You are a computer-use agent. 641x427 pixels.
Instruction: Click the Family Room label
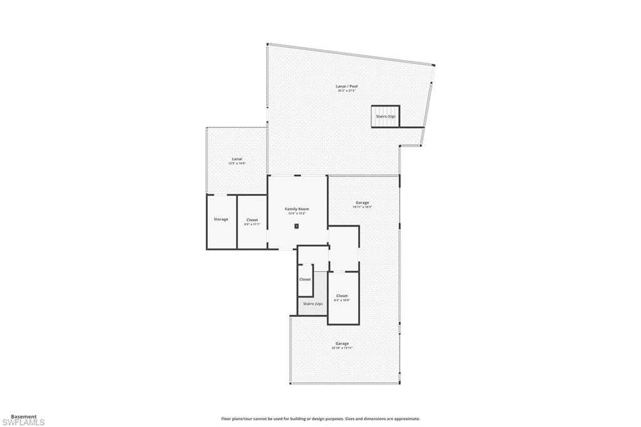(x=297, y=209)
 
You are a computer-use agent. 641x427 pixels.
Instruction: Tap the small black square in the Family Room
(x=297, y=225)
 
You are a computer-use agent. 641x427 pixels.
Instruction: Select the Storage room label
(x=221, y=219)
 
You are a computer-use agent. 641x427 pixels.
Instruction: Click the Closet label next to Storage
(x=252, y=220)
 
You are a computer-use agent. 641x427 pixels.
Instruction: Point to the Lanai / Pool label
(x=347, y=86)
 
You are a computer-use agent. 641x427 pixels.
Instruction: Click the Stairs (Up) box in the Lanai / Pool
(x=386, y=116)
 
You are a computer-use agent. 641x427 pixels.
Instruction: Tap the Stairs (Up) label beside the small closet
(x=312, y=304)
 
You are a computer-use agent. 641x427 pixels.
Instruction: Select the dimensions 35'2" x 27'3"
(x=347, y=91)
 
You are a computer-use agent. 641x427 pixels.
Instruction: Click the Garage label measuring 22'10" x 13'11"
(x=342, y=343)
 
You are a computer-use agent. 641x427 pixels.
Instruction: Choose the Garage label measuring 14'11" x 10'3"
(x=362, y=202)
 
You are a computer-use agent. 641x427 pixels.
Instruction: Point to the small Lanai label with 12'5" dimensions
(x=237, y=159)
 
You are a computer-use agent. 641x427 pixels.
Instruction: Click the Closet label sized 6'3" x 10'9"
(x=342, y=296)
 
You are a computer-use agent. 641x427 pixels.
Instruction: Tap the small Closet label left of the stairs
(x=305, y=279)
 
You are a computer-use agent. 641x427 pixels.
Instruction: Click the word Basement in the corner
(x=24, y=416)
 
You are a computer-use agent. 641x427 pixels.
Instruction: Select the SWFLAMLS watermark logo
(x=23, y=423)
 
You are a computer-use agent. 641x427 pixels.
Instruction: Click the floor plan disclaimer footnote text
(x=320, y=419)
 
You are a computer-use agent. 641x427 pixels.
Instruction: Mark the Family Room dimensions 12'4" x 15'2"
(x=297, y=214)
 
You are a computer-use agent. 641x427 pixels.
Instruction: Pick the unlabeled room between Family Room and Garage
(x=344, y=248)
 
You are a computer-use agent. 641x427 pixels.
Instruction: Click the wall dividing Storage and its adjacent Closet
(x=237, y=222)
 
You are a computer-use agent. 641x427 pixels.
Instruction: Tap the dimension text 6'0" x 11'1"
(x=252, y=224)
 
